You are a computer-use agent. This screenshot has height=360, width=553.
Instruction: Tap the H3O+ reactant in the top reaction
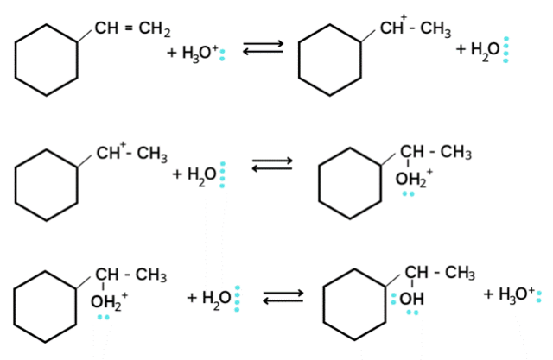(x=195, y=54)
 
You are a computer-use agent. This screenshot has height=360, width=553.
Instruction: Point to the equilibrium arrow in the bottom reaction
(x=283, y=297)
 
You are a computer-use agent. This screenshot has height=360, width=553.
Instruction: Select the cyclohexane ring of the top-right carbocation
(x=329, y=60)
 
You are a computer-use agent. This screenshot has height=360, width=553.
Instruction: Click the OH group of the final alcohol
(x=410, y=299)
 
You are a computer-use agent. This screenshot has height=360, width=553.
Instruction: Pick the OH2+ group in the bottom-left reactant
(x=108, y=301)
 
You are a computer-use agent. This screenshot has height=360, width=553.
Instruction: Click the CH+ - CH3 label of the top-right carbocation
(x=415, y=31)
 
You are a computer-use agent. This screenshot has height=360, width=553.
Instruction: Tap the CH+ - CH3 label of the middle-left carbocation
(x=131, y=154)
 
